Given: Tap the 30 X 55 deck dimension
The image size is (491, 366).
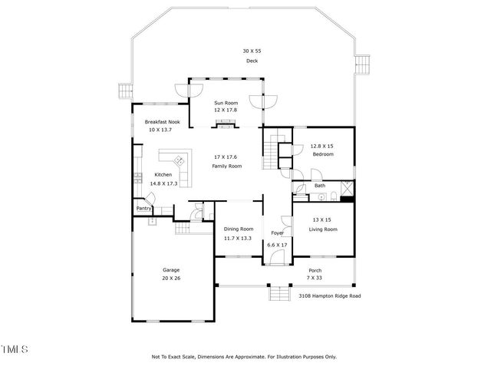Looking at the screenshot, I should tap(252, 51).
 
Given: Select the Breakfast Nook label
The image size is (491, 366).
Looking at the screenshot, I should tap(162, 122).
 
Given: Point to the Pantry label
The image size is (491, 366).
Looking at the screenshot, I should tap(143, 208).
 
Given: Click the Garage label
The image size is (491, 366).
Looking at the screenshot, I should tap(170, 270).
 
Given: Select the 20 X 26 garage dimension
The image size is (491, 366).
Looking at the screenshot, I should tap(170, 279).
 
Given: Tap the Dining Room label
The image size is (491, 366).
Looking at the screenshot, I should tap(239, 229).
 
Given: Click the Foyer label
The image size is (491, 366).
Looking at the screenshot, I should tap(277, 233).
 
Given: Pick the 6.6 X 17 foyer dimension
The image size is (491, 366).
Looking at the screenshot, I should tap(277, 245).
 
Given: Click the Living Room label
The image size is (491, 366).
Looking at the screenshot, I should tap(323, 229).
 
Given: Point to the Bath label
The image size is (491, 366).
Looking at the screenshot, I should tap(319, 185).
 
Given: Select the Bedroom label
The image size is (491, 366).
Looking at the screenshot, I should tap(322, 154).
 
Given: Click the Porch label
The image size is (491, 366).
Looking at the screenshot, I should tap(315, 270).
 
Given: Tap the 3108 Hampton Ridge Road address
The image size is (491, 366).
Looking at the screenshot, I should tap(329, 295).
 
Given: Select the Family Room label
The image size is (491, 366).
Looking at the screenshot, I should tap(227, 166).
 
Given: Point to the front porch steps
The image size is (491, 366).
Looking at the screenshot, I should tap(276, 294).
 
